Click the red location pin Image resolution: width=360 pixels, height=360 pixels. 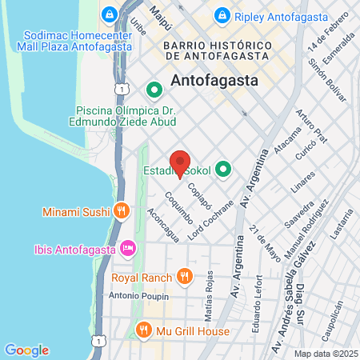pos(180,162)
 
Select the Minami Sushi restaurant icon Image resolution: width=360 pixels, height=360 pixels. pos(121,211)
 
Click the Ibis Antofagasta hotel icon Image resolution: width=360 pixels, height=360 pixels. pos(127,249)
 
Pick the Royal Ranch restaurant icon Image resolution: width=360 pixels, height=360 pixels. pos(185,277)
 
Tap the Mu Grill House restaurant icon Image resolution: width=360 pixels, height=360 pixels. pos(144,330)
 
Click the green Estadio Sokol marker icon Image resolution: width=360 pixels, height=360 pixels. pos(224,170)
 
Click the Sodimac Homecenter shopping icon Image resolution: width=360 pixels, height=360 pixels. pos(110,15)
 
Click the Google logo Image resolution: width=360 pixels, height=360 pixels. pos(26,350)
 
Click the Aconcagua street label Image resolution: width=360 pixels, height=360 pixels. pos(163,223)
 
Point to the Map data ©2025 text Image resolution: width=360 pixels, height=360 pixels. pos(325,353)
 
